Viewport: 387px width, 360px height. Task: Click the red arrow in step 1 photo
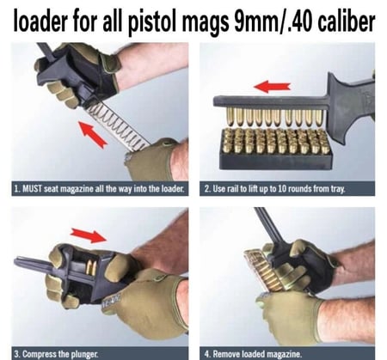93,135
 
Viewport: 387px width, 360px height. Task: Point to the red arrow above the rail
272,87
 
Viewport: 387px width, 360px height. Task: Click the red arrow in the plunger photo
89,235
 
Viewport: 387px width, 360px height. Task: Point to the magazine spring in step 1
118,125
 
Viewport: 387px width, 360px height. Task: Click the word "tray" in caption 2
338,189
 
